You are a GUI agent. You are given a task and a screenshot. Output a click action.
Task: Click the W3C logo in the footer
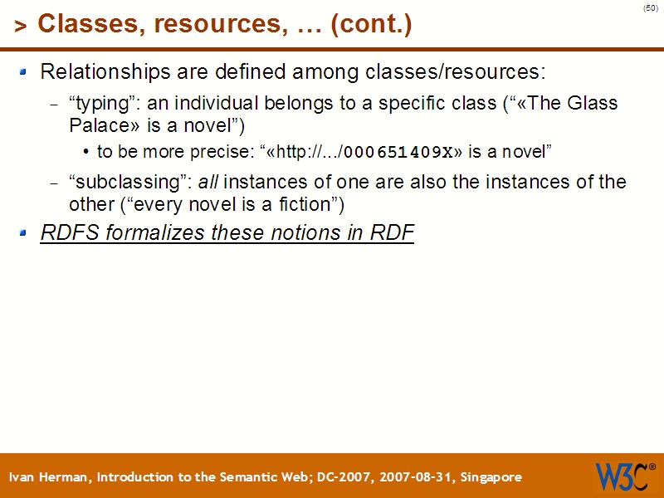point(623,476)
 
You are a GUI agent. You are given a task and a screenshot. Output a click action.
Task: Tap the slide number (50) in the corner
point(651,8)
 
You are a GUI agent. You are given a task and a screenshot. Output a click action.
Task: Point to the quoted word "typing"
point(104,105)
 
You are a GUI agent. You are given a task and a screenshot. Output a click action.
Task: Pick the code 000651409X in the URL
point(398,152)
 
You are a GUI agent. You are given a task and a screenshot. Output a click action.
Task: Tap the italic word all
point(207,182)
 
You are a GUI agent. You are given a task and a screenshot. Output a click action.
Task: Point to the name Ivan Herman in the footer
point(51,477)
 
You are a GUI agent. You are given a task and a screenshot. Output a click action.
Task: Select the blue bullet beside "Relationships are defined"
point(25,72)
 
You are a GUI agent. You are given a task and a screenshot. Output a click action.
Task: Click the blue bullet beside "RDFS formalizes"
point(25,233)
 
